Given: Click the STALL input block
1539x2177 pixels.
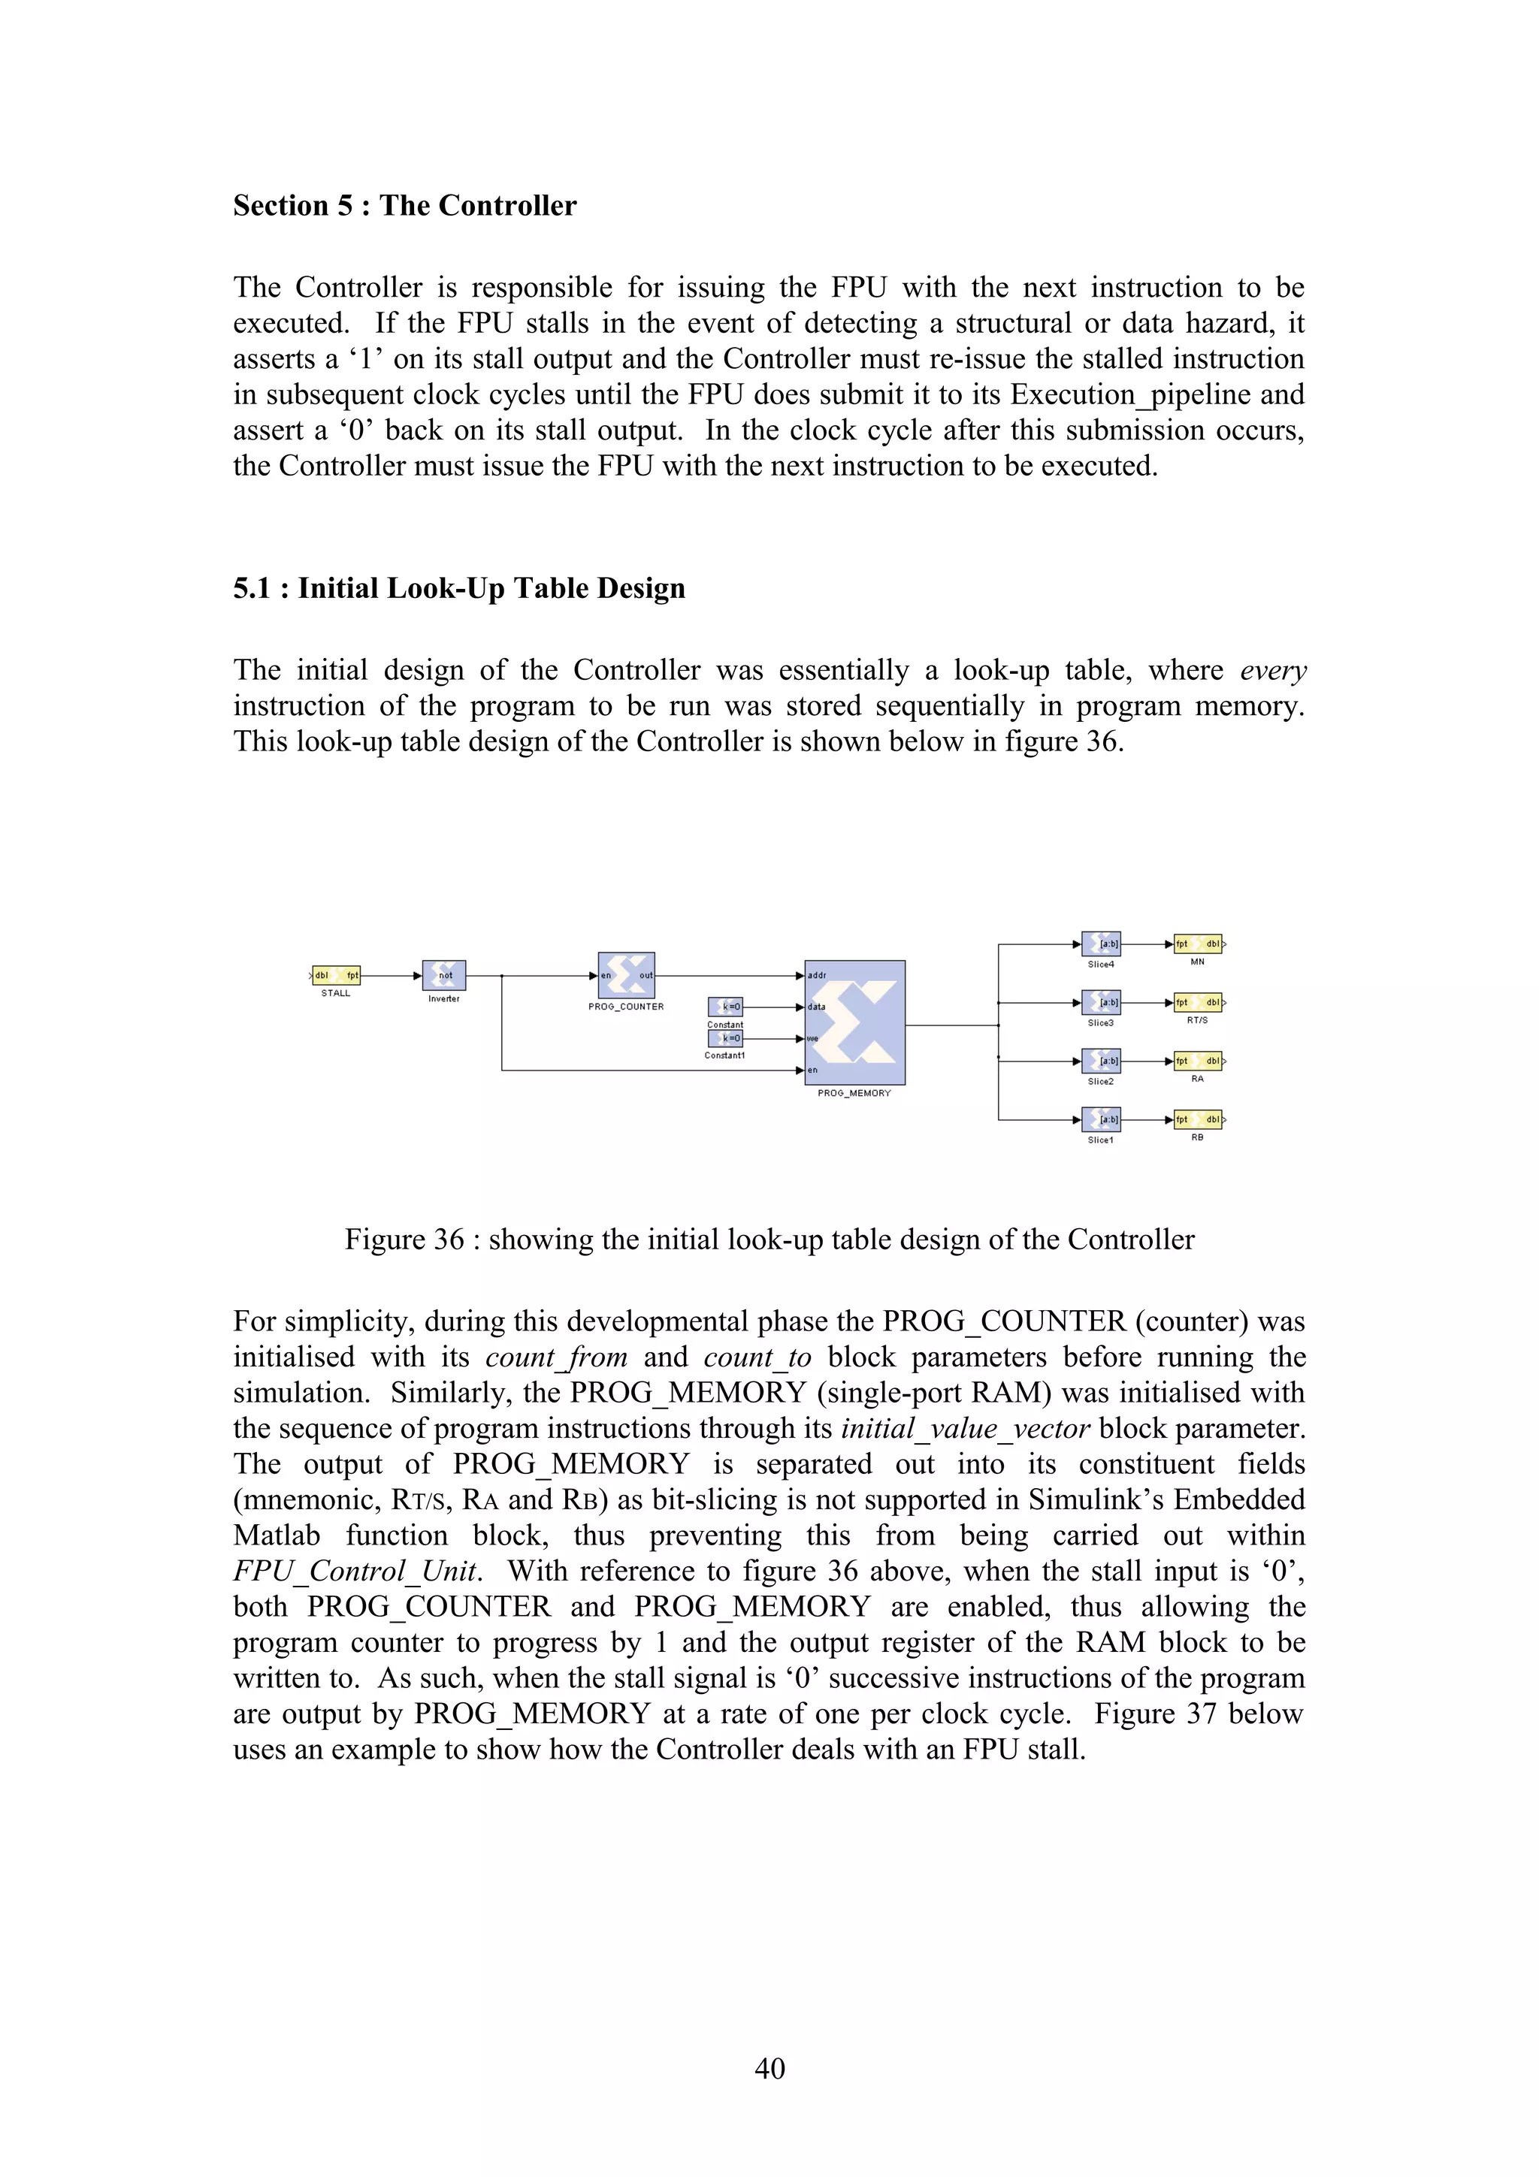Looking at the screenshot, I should point(337,975).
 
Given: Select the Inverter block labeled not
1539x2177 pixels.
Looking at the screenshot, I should point(444,975).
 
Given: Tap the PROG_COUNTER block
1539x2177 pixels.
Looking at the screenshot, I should point(626,975).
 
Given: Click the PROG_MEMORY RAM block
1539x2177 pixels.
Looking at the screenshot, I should point(854,1022).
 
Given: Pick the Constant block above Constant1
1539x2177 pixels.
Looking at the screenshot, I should point(725,1007).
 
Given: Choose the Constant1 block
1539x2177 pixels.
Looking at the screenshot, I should point(725,1038).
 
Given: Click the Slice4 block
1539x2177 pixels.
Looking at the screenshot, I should point(1101,944).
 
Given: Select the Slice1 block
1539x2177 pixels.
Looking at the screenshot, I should point(1101,1120).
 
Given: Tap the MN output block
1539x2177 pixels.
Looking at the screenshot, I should point(1198,944).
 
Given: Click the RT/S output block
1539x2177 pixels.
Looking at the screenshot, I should point(1198,1002).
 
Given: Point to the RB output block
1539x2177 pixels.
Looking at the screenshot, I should point(1198,1120).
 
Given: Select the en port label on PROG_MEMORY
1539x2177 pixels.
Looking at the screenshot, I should point(812,1070).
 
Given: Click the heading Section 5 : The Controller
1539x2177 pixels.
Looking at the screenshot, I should point(404,206).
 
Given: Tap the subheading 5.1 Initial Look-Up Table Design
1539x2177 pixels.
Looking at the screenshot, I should point(459,589).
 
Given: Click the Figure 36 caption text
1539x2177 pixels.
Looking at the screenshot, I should point(769,1239).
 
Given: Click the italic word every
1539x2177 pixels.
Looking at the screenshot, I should point(1272,672).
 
